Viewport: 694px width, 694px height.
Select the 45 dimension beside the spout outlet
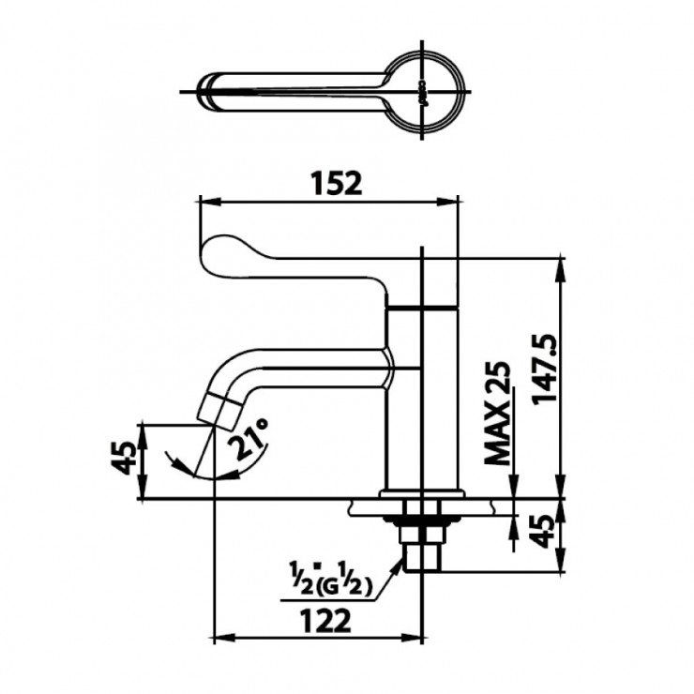coord(121,460)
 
